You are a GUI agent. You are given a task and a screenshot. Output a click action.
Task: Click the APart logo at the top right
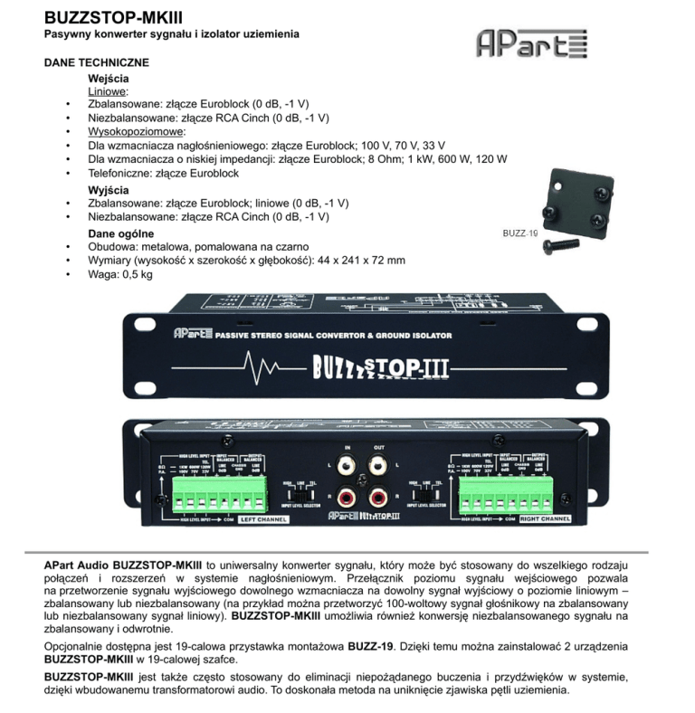point(532,43)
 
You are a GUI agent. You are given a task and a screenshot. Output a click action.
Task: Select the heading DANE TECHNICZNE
point(97,63)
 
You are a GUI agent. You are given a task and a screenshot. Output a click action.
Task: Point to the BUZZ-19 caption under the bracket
point(520,233)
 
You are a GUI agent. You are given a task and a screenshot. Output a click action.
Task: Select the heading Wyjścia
point(109,190)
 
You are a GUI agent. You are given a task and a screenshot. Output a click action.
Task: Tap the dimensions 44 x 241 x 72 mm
point(358,259)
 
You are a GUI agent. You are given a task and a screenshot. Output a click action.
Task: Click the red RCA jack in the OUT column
point(378,497)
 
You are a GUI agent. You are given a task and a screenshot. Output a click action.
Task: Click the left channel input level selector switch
point(299,494)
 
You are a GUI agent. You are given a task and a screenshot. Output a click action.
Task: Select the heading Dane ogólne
point(120,233)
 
